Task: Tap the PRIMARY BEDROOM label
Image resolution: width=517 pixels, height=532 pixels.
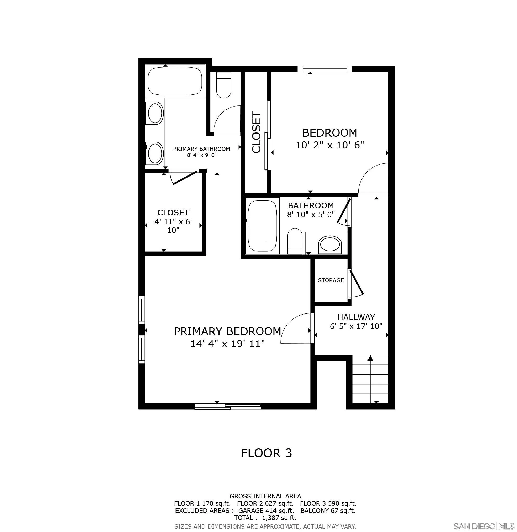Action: pos(227,331)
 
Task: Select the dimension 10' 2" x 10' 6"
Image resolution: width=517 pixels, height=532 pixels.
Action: pos(329,145)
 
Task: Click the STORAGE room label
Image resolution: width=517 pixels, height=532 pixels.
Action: pos(331,280)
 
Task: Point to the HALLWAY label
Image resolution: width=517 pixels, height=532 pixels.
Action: pos(356,317)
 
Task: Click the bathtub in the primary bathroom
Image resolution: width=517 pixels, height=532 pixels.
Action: pos(175,81)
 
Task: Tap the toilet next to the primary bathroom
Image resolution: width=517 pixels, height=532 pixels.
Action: pos(224,85)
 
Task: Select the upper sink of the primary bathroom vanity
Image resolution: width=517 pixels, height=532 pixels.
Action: pos(155,113)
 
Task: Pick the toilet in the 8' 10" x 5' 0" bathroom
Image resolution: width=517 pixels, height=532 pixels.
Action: pos(295,241)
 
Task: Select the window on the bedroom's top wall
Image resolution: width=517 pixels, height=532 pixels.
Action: pos(324,69)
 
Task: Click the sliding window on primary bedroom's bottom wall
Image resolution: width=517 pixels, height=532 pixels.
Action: pos(227,407)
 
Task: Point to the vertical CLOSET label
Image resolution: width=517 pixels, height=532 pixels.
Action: pos(257,132)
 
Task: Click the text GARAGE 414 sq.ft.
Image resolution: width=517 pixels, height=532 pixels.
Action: pos(266,510)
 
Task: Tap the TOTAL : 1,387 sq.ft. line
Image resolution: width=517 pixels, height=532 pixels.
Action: pos(265,518)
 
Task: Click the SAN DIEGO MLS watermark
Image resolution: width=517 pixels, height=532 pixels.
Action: pos(484,526)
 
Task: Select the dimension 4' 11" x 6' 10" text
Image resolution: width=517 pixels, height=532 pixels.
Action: pos(173,226)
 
